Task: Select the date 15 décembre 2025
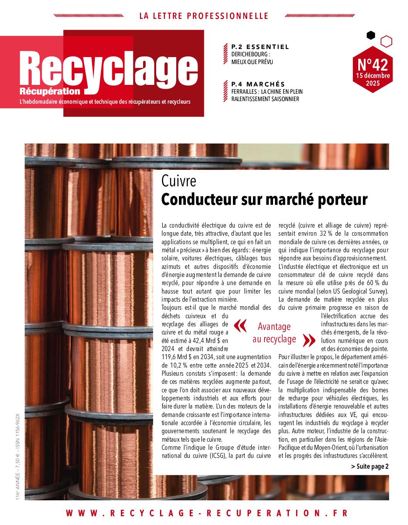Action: pyautogui.click(x=372, y=79)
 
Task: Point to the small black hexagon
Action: pyautogui.click(x=371, y=35)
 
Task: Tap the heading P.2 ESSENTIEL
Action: pyautogui.click(x=260, y=47)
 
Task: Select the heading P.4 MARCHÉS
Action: pyautogui.click(x=258, y=84)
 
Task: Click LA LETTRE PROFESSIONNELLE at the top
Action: pyautogui.click(x=204, y=16)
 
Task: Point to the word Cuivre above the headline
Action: pyautogui.click(x=179, y=181)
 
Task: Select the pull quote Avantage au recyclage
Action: pyautogui.click(x=275, y=333)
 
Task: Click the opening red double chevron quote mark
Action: pyautogui.click(x=240, y=326)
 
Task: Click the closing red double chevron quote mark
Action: pyautogui.click(x=309, y=340)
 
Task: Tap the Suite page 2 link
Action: pyautogui.click(x=370, y=466)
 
